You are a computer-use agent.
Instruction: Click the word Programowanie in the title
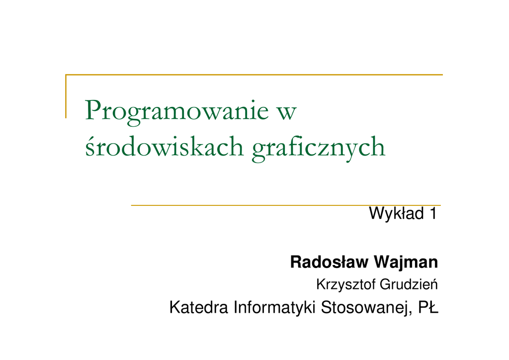point(177,112)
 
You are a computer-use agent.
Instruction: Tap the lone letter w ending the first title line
point(287,113)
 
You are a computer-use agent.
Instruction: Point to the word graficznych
point(319,148)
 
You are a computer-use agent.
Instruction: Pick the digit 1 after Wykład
point(433,214)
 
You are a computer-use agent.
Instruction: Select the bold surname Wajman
point(406,263)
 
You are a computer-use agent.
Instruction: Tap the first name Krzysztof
point(346,285)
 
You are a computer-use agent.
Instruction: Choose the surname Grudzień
point(409,284)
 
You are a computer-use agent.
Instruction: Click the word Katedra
point(199,307)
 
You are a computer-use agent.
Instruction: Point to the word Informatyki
point(274,308)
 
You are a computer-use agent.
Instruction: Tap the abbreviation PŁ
point(428,307)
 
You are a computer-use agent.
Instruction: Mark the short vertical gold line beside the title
point(66,96)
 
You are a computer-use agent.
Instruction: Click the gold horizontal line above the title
point(254,75)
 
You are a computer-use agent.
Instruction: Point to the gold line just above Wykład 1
point(286,205)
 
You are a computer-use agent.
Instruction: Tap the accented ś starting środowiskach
point(89,147)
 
